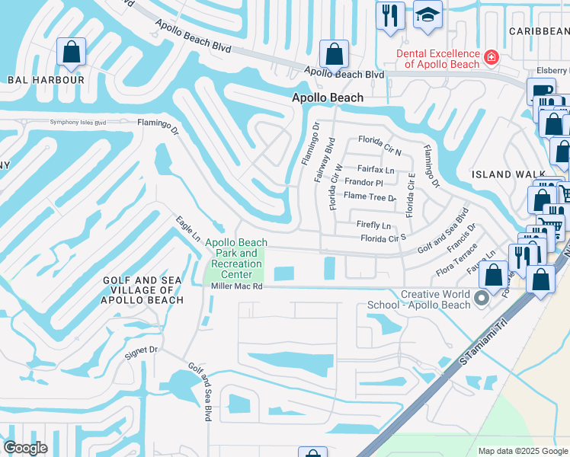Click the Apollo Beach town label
pos(328,98)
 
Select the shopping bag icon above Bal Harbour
pos(71,52)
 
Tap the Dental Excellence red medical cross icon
pos(492,56)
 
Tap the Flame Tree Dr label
pos(370,197)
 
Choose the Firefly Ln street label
pos(373,225)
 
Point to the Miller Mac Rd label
pos(236,287)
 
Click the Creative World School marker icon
pos(482,299)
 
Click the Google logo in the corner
pos(26,448)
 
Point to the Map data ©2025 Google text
pos(522,451)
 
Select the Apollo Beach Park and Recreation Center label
pos(236,258)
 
